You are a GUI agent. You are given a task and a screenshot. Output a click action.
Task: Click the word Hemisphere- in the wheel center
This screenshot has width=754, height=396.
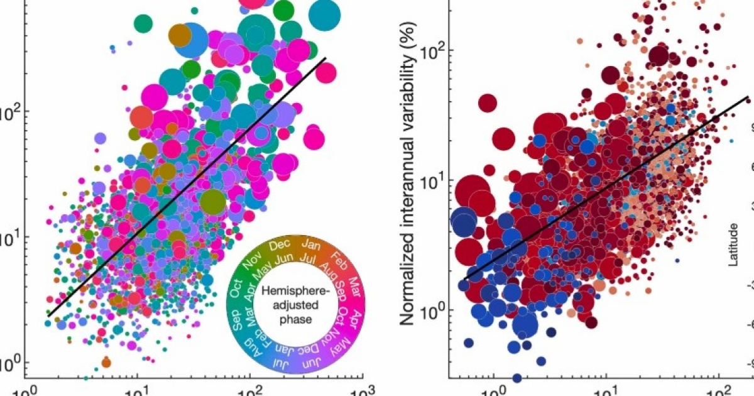point(291,292)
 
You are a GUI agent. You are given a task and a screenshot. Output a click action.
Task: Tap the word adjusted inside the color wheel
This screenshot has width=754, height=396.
point(291,304)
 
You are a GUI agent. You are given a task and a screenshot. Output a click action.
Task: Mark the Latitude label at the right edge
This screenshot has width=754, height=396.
point(733,245)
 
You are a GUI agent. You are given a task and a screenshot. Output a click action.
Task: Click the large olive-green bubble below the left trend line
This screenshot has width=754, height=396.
point(213,202)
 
